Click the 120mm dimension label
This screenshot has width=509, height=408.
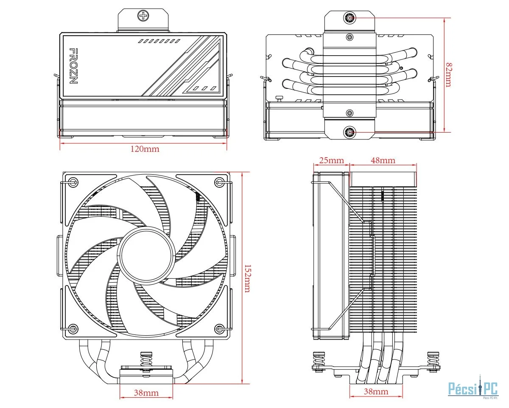pyautogui.click(x=145, y=149)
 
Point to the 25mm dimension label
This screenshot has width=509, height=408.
pyautogui.click(x=331, y=160)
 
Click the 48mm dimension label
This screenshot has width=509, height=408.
pyautogui.click(x=383, y=160)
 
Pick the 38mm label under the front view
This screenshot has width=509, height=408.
pyautogui.click(x=146, y=393)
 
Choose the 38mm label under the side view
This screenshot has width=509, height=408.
pyautogui.click(x=376, y=391)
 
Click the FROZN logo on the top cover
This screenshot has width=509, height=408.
pyautogui.click(x=73, y=66)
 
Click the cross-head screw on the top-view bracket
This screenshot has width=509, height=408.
pyautogui.click(x=143, y=16)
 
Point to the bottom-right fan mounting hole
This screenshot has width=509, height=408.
pyautogui.click(x=219, y=329)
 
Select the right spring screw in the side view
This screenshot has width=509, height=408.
pyautogui.click(x=433, y=361)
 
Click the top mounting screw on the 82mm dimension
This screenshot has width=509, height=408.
pyautogui.click(x=350, y=18)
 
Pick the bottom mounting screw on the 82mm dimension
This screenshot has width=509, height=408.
pyautogui.click(x=350, y=132)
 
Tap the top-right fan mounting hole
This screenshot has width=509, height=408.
pyautogui.click(x=219, y=182)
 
